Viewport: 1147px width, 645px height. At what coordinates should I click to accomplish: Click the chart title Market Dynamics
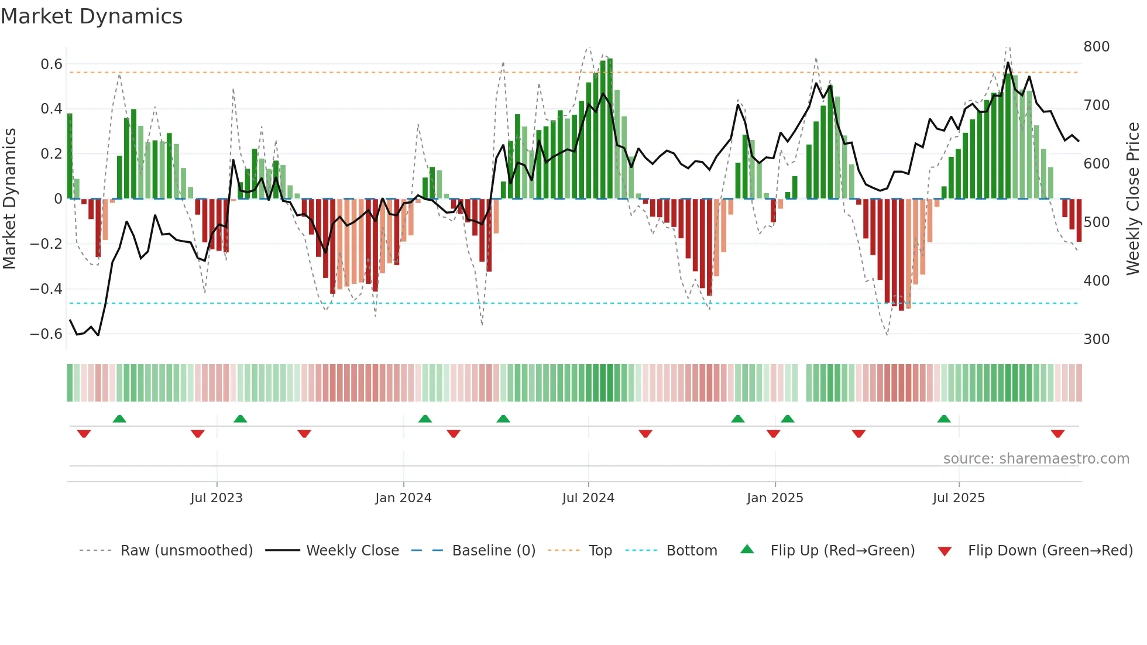pos(92,16)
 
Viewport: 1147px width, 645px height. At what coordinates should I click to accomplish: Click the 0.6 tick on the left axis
pos(51,64)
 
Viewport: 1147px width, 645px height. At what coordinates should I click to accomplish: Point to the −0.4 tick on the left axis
pos(46,289)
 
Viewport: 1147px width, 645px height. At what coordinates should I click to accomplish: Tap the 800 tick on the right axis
pos(1096,47)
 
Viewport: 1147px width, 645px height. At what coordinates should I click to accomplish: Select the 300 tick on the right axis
pos(1096,339)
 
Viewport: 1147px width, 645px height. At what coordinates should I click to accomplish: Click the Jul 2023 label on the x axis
pos(217,498)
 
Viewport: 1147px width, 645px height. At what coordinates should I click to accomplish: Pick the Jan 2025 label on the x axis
pos(775,498)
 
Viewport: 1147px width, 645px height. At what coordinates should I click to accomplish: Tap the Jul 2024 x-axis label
pos(588,498)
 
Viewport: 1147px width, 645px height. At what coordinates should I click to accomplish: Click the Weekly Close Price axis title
pos(1133,198)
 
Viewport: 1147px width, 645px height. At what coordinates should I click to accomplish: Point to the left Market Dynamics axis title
pos(9,198)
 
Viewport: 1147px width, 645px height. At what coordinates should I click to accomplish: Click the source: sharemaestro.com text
pos(1036,459)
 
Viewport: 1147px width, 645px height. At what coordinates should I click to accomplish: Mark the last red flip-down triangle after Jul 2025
pos(1057,434)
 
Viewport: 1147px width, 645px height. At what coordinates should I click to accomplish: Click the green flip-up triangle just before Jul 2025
pos(944,418)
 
